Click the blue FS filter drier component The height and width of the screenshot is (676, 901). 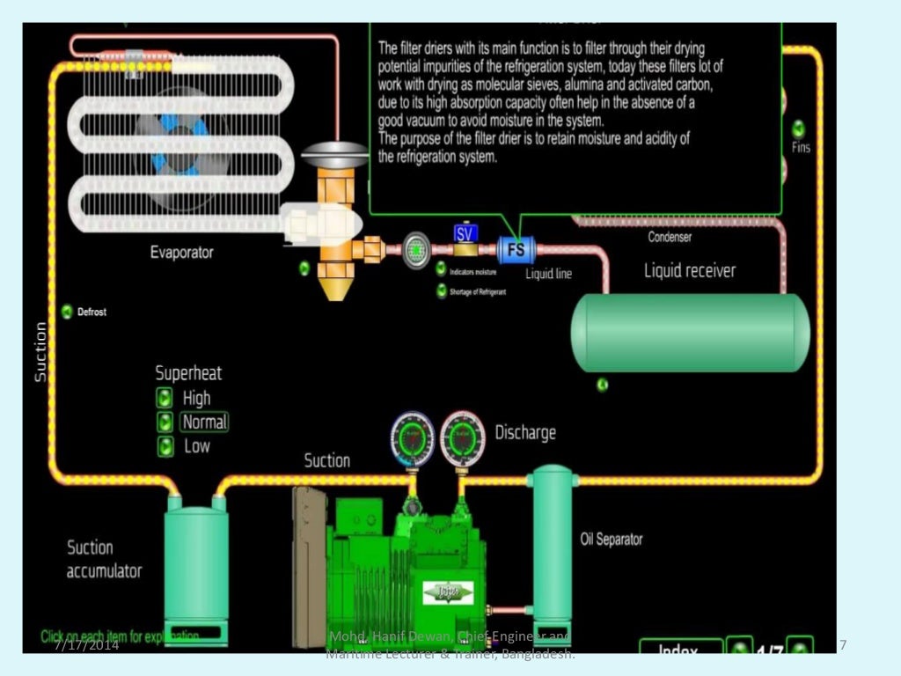tap(516, 250)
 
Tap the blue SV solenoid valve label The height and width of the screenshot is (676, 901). tap(465, 233)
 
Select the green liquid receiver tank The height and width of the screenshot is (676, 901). tap(690, 333)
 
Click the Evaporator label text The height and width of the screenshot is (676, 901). tap(181, 253)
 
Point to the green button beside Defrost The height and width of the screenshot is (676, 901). tap(67, 312)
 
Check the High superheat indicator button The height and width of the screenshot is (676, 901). tap(165, 398)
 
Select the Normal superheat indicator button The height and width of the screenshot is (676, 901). tap(165, 422)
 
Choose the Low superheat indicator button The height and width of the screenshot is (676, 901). tap(165, 446)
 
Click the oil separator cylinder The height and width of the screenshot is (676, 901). tap(553, 541)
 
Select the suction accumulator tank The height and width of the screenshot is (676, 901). tap(196, 563)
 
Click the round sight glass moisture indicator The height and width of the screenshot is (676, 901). tap(416, 251)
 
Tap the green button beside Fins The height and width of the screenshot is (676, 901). tap(799, 129)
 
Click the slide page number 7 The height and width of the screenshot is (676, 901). tap(843, 646)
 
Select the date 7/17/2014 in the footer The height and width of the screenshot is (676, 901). tap(86, 646)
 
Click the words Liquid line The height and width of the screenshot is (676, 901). tap(548, 274)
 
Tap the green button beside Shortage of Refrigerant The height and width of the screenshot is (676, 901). tap(442, 291)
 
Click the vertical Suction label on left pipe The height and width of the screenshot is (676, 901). tap(40, 351)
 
